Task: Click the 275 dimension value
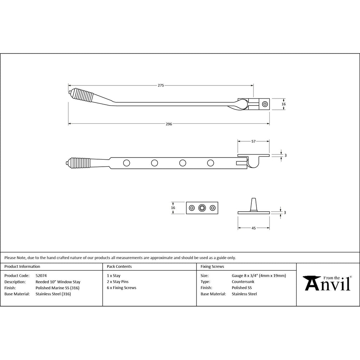click(x=161, y=85)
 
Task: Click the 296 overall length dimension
click(x=169, y=124)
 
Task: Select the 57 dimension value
click(x=253, y=141)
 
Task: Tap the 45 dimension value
click(x=253, y=228)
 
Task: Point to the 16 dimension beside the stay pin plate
click(x=173, y=208)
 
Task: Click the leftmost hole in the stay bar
click(x=127, y=163)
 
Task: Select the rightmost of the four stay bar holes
click(x=211, y=163)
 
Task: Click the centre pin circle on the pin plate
click(x=202, y=208)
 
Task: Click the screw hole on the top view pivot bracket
click(x=265, y=104)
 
